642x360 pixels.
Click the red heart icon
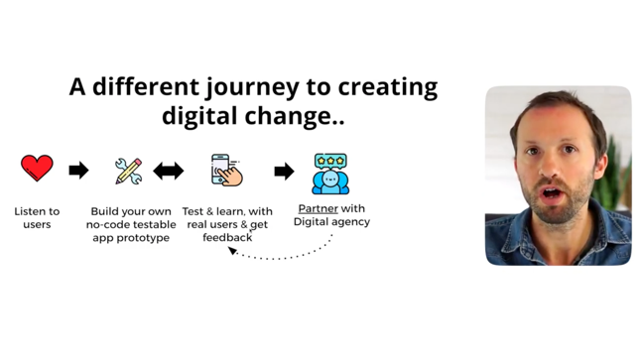pyautogui.click(x=37, y=169)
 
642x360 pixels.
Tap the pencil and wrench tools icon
pyautogui.click(x=128, y=171)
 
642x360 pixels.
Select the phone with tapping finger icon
pyautogui.click(x=226, y=170)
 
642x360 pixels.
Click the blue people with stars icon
pyautogui.click(x=330, y=173)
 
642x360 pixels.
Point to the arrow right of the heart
pyautogui.click(x=78, y=171)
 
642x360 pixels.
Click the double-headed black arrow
pyautogui.click(x=168, y=171)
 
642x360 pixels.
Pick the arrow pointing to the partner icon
pyautogui.click(x=284, y=171)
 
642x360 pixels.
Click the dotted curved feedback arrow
pyautogui.click(x=288, y=255)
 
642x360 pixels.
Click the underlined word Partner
pyautogui.click(x=318, y=209)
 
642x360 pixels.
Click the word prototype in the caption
pyautogui.click(x=143, y=238)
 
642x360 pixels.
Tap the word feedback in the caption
pyautogui.click(x=227, y=238)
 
